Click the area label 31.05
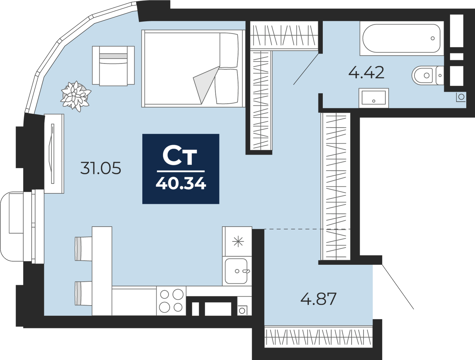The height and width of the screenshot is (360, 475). click(x=101, y=168)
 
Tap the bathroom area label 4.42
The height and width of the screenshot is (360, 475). click(x=366, y=73)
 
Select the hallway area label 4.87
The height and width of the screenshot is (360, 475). click(x=318, y=299)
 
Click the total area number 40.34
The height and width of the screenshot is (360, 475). click(x=181, y=184)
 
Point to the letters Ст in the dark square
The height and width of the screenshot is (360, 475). click(x=180, y=156)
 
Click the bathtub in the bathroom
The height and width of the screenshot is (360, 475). click(x=402, y=38)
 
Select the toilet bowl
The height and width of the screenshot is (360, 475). click(x=427, y=75)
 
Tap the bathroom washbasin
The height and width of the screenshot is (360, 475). click(x=374, y=98)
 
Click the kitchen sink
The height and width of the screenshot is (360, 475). click(x=237, y=271)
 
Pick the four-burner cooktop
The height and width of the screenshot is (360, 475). click(x=171, y=301)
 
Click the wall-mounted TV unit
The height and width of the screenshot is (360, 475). click(x=54, y=153)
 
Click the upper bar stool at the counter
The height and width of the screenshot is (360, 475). click(x=83, y=249)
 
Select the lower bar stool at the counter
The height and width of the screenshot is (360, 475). click(x=83, y=293)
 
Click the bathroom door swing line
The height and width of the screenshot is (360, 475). click(x=306, y=69)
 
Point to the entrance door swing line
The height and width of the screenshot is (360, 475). click(x=398, y=286)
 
